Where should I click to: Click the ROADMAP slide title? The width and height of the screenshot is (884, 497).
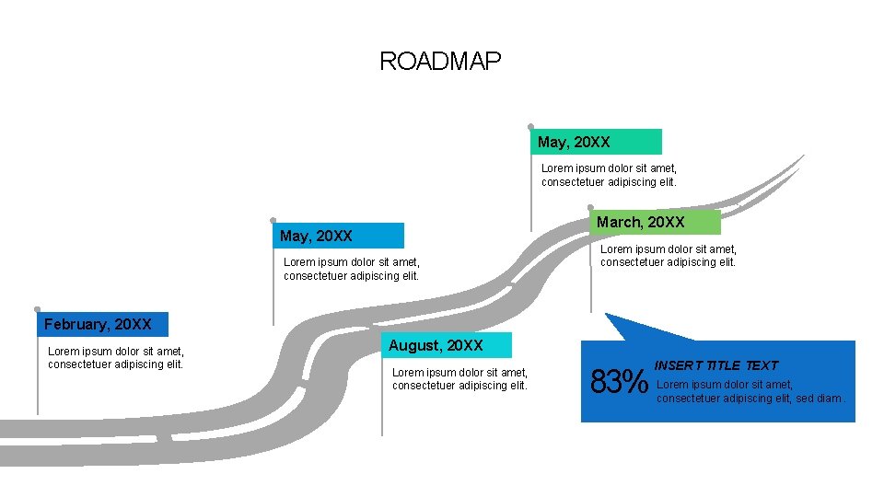tap(440, 62)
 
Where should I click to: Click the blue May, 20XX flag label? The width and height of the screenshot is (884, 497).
tap(338, 236)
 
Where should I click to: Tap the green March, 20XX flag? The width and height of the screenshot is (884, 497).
tap(655, 222)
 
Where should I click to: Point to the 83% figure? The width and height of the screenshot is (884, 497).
tap(620, 381)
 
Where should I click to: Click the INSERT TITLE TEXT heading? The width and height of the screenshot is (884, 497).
tap(716, 365)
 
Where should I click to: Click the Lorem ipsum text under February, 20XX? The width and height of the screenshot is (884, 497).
tap(116, 357)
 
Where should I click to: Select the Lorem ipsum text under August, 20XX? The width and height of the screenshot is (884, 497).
tap(460, 378)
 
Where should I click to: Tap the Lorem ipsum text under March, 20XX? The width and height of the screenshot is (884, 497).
tap(669, 255)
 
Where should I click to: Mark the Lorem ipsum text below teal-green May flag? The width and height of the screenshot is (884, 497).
tap(610, 175)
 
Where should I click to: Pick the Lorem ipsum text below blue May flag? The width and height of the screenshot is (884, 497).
tap(352, 269)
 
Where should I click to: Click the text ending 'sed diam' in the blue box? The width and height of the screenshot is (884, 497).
tap(750, 391)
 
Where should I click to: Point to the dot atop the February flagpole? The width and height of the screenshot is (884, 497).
tap(37, 309)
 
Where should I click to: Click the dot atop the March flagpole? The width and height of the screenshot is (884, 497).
tap(590, 207)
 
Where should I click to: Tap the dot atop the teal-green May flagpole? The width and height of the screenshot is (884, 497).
tap(530, 126)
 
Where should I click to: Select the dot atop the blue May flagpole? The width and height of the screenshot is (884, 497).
tap(273, 220)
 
